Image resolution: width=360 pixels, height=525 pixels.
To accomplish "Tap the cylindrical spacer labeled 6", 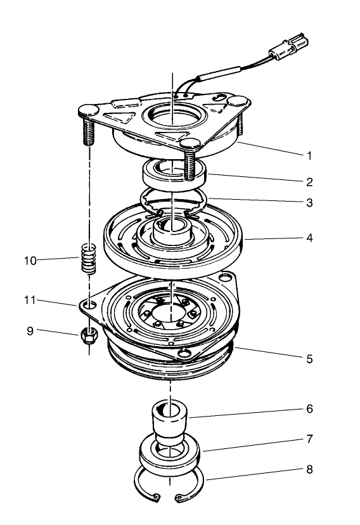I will click(x=169, y=419).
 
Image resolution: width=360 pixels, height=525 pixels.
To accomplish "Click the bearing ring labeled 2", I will click(x=172, y=172).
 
